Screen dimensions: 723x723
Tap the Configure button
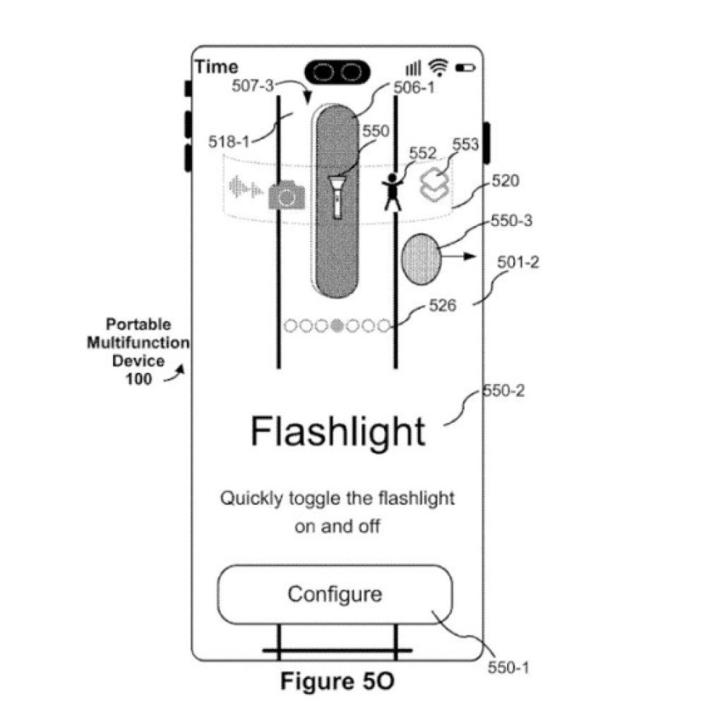pyautogui.click(x=335, y=594)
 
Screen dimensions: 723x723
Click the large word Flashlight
pyautogui.click(x=338, y=431)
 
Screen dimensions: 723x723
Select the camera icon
pyautogui.click(x=287, y=193)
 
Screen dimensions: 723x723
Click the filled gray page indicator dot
pyautogui.click(x=337, y=325)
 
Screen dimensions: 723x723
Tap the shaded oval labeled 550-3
pyautogui.click(x=421, y=258)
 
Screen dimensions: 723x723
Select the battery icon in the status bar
pyautogui.click(x=465, y=68)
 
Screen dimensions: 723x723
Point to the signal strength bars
pyautogui.click(x=413, y=68)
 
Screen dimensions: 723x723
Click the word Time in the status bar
pyautogui.click(x=217, y=67)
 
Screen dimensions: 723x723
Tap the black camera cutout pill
pyautogui.click(x=337, y=71)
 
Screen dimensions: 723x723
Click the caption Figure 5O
pyautogui.click(x=337, y=682)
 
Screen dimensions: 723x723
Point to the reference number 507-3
pyautogui.click(x=253, y=86)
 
